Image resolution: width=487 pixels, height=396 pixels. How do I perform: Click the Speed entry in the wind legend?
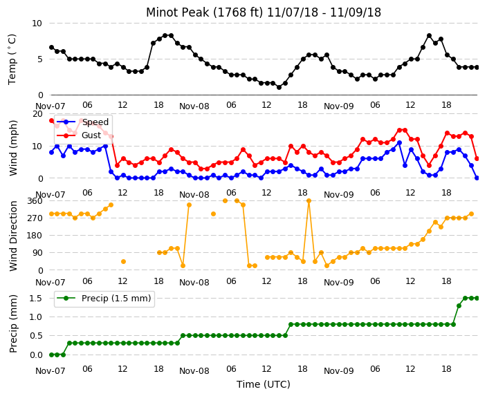(x=95, y=122)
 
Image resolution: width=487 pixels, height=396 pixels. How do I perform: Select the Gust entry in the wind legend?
(x=91, y=135)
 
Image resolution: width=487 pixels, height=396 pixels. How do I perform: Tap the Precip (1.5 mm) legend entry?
(x=116, y=299)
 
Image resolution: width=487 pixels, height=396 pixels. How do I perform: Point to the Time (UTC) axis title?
(x=264, y=384)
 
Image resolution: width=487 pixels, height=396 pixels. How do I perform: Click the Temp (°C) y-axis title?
(x=12, y=59)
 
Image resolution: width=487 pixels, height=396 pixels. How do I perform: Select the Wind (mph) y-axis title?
(x=13, y=148)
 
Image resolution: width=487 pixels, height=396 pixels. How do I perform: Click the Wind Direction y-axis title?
(x=13, y=236)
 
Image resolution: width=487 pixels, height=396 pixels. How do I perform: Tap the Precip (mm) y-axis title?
(x=12, y=323)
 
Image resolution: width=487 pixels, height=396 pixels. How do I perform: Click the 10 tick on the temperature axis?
(x=37, y=23)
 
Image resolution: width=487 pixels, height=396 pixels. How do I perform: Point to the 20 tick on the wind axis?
(x=37, y=114)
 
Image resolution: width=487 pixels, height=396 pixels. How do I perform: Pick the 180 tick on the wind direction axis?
(x=35, y=236)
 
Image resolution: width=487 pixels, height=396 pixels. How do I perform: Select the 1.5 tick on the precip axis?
(x=36, y=299)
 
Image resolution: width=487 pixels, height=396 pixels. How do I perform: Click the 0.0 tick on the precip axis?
(x=36, y=355)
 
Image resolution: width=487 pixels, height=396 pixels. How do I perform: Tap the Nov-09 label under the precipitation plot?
(x=339, y=371)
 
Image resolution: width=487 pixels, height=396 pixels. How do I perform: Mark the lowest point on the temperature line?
(x=279, y=88)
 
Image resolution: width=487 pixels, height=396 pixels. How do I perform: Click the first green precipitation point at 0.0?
(x=52, y=355)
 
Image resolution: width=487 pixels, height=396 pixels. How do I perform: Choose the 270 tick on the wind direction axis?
(x=35, y=218)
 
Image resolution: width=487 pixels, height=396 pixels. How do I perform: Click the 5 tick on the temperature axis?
(x=39, y=59)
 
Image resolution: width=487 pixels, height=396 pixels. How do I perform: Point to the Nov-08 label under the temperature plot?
(x=194, y=106)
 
